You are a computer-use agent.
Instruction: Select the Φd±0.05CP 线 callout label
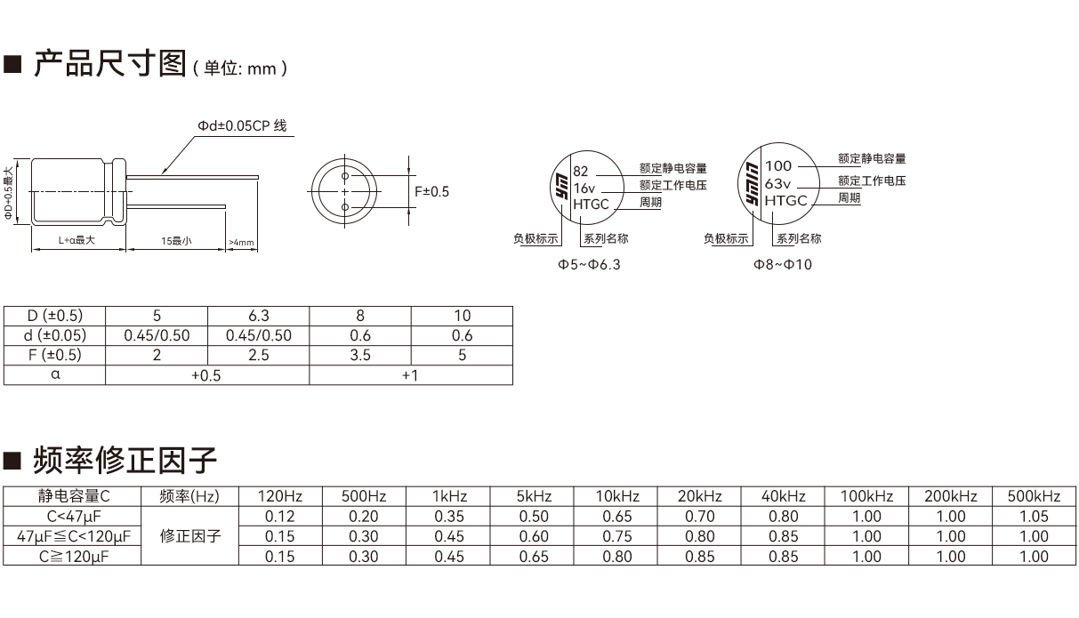[242, 126]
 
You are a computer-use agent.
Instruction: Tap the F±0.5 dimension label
[432, 192]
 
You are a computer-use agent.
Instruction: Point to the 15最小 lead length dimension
[176, 241]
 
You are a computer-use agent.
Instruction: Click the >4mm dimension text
[241, 242]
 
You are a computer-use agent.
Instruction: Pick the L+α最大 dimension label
[76, 241]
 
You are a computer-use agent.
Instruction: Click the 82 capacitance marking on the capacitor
[581, 171]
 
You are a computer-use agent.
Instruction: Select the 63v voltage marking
[777, 183]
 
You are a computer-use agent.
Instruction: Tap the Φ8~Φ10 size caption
[783, 264]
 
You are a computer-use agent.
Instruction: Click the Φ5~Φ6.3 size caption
[589, 265]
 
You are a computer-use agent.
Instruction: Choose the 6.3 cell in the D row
[258, 316]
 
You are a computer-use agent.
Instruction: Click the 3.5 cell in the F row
[359, 355]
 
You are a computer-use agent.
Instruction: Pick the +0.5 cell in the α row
[206, 375]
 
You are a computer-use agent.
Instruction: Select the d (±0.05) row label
[55, 335]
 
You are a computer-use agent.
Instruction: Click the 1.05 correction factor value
[1034, 516]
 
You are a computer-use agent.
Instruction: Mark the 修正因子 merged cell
[189, 536]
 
